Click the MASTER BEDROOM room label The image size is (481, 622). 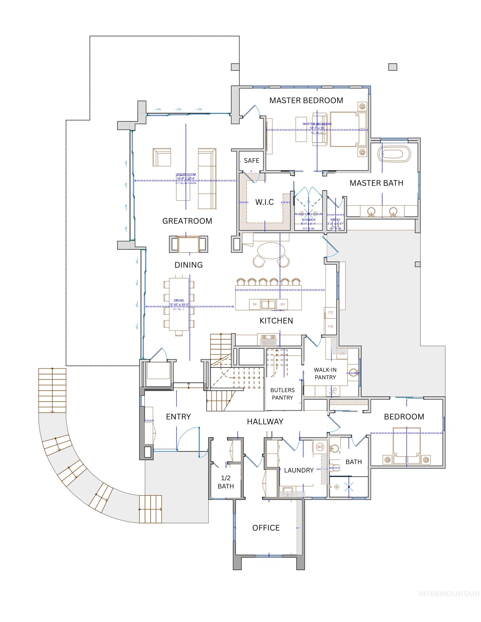(x=306, y=100)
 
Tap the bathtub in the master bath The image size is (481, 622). (x=394, y=155)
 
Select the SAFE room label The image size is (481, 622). (x=251, y=161)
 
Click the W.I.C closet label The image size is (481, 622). (x=264, y=202)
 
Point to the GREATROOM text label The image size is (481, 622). (x=187, y=221)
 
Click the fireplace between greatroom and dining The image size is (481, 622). (x=188, y=244)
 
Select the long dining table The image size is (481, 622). (x=179, y=304)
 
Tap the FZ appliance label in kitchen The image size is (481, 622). (x=330, y=313)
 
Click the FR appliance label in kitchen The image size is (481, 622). (x=330, y=326)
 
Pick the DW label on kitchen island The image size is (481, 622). (x=282, y=304)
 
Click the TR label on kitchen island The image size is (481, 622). (x=255, y=304)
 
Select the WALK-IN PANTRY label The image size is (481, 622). (x=325, y=373)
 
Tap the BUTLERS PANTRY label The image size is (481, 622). (x=282, y=394)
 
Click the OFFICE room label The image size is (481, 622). (x=266, y=528)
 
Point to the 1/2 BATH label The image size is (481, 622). (x=226, y=482)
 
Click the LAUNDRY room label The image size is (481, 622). (x=299, y=470)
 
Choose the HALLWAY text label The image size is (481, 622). (x=265, y=421)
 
